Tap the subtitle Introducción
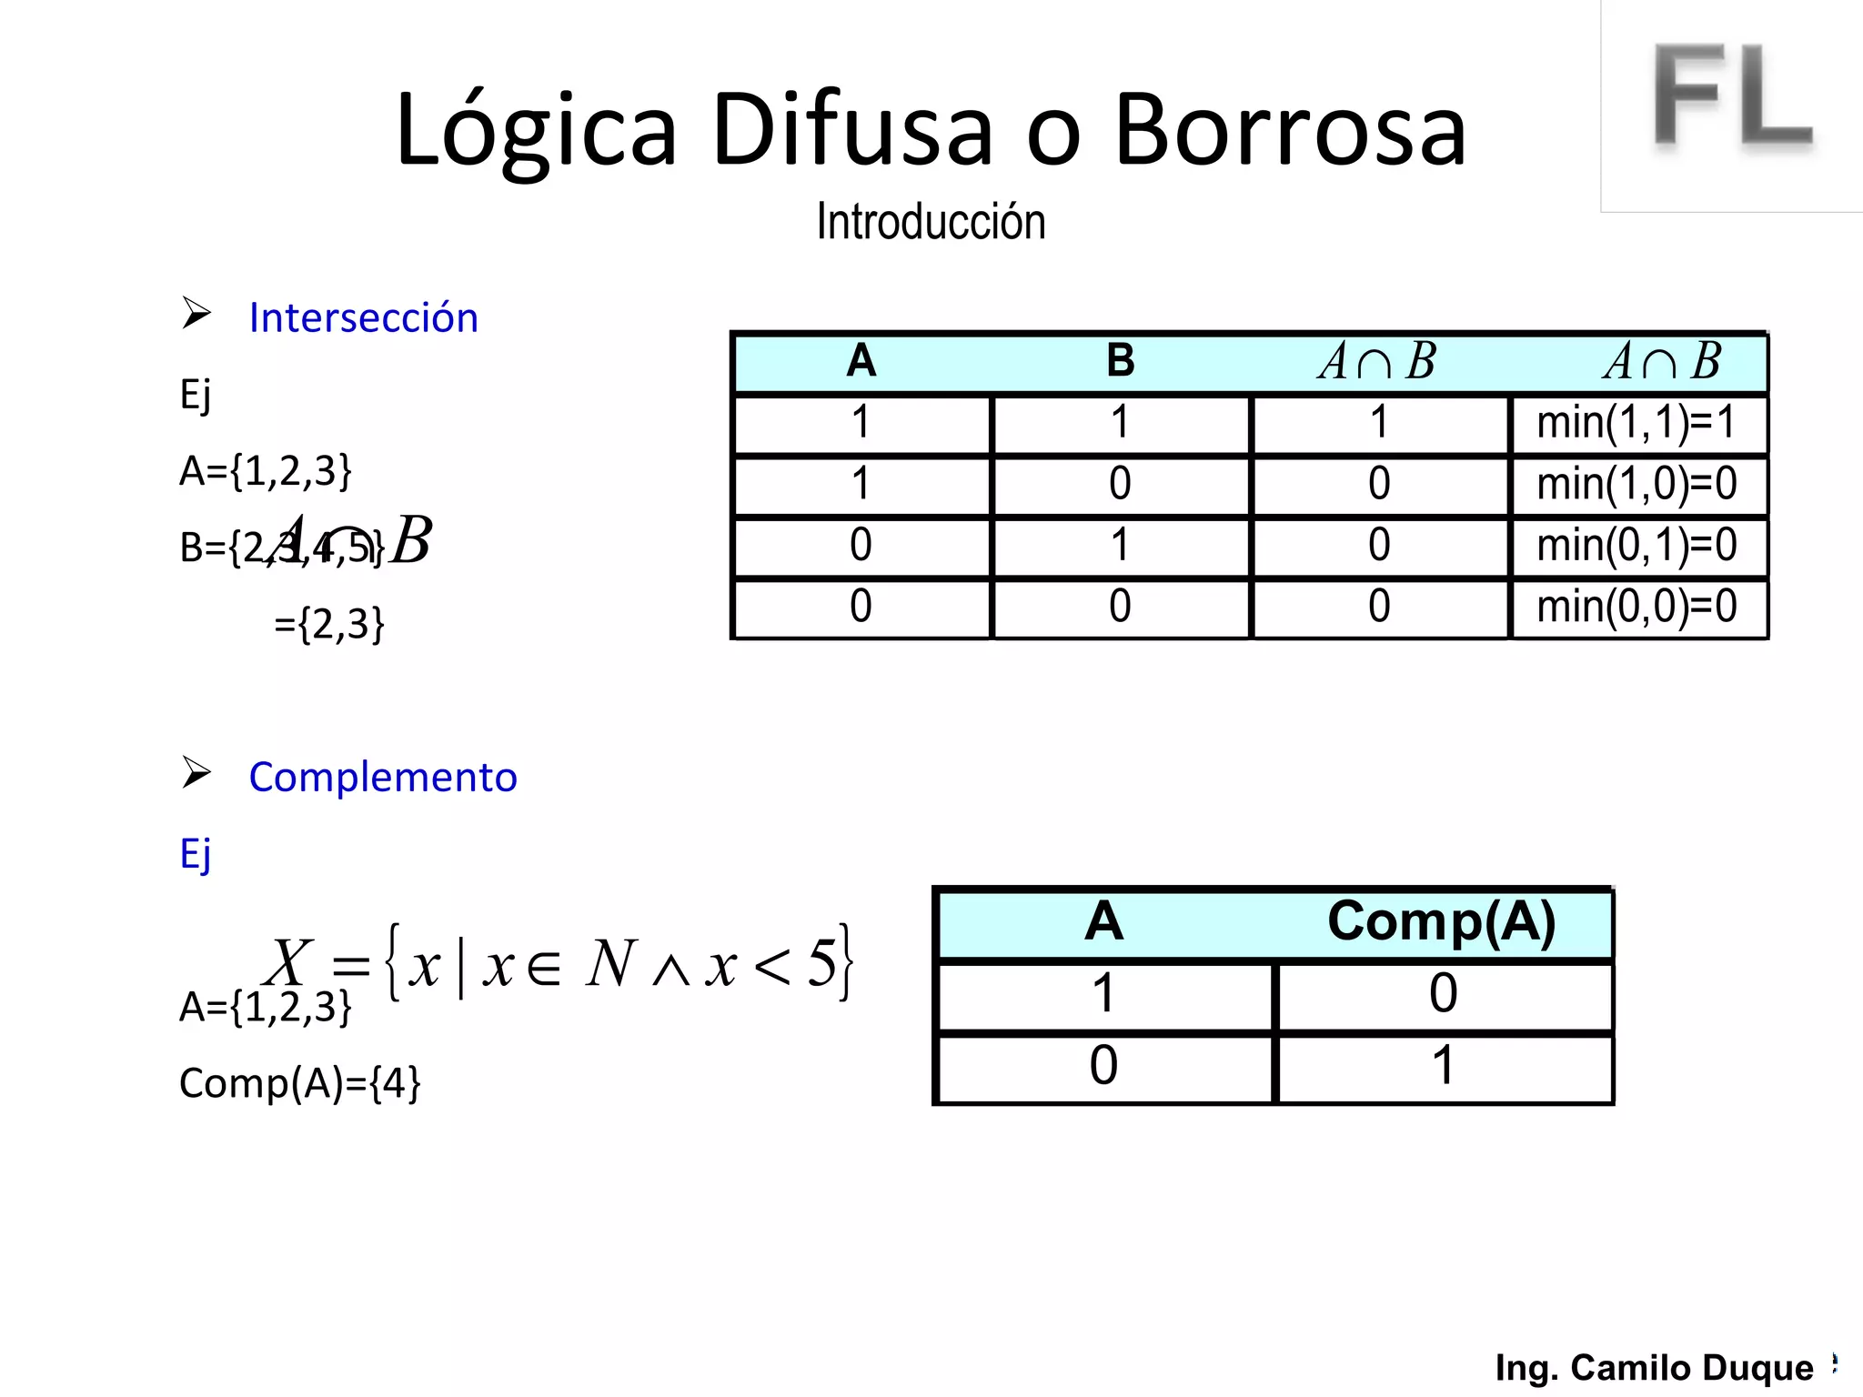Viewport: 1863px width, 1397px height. coord(931,222)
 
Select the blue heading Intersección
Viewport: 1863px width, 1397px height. coord(363,317)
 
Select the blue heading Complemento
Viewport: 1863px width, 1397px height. coord(383,777)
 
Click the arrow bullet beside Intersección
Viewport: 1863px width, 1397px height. coord(196,313)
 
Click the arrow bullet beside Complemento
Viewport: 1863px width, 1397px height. coord(196,772)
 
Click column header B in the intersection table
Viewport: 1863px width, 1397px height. coord(1120,361)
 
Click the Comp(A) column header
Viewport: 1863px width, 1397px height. coord(1442,921)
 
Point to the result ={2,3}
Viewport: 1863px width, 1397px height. coord(329,624)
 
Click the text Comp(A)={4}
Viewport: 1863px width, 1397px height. coord(300,1083)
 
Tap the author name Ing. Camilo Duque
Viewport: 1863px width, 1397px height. coord(1654,1367)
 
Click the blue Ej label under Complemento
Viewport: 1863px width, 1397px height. coord(196,854)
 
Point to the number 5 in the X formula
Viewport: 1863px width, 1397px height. coord(821,962)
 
